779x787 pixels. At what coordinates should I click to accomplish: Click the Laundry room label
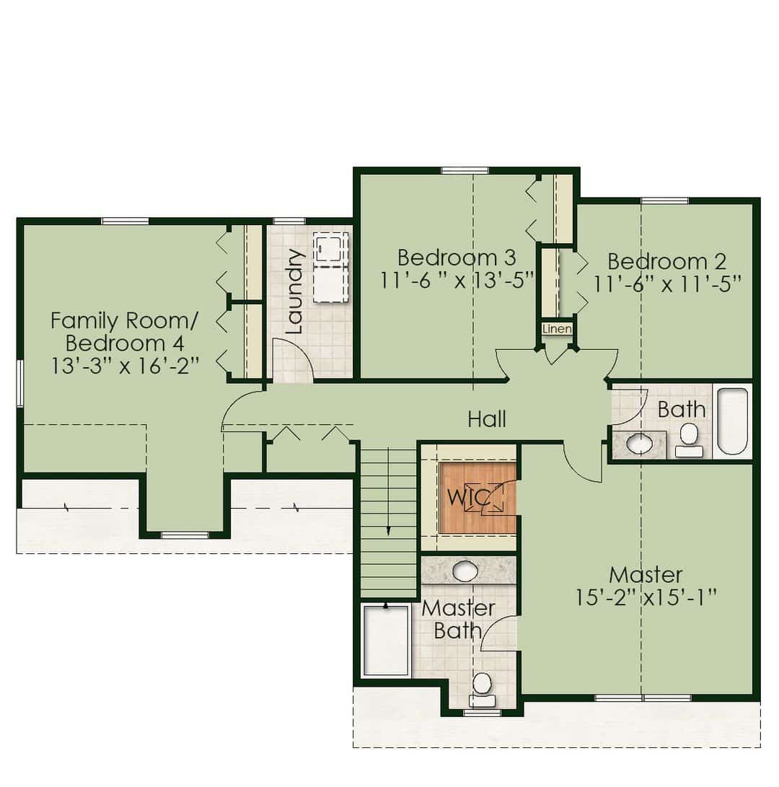294,291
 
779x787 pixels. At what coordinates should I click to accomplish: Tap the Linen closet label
557,329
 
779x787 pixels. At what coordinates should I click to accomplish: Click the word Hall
486,419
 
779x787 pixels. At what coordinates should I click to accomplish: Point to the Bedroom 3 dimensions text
457,281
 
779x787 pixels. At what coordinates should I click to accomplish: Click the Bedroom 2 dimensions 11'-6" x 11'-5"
667,285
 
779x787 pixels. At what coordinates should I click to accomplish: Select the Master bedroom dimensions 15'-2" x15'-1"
646,598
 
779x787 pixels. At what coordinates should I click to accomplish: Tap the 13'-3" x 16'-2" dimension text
125,366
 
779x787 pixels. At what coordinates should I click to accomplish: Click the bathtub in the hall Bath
732,421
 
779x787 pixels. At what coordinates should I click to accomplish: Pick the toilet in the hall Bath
689,440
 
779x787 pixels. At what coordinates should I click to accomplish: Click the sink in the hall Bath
640,444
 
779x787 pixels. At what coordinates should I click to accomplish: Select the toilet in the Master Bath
482,690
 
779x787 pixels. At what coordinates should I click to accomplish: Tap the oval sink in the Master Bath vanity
465,571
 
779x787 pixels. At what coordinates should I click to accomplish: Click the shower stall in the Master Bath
387,641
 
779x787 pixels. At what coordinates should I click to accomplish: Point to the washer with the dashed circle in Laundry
330,247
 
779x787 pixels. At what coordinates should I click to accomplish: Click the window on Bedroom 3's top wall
465,171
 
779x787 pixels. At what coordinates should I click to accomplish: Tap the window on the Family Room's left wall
19,383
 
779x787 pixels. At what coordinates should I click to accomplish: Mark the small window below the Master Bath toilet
482,713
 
